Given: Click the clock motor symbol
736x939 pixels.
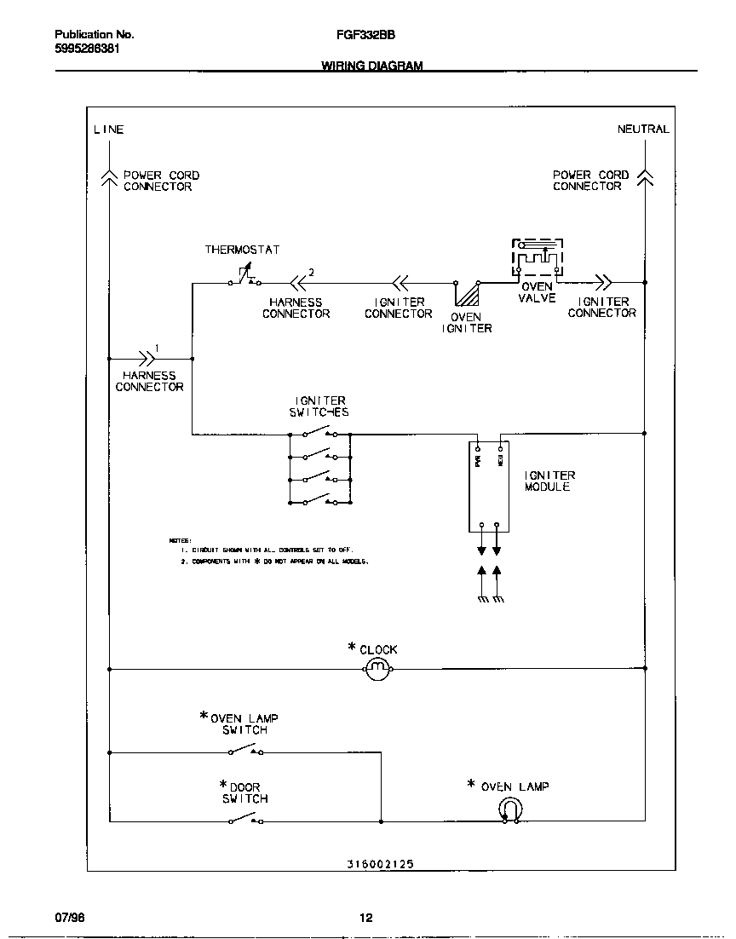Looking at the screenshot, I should coord(378,670).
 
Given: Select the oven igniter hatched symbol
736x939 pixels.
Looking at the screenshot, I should coord(466,294).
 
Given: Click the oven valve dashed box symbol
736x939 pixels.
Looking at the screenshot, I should coord(538,256).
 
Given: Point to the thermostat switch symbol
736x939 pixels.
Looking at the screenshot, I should coord(244,279).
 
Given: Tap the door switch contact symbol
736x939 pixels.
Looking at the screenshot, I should coord(245,819).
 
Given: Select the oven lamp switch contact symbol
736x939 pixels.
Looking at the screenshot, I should coord(245,750).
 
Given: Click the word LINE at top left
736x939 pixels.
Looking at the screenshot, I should coord(108,130).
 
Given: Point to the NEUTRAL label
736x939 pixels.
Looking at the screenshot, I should coord(643,130).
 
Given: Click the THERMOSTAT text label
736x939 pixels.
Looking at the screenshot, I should coord(242,250).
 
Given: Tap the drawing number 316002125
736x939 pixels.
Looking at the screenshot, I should coord(380,863).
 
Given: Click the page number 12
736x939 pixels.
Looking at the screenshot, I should coord(365,918).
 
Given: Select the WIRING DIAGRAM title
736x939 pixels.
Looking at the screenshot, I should coord(371,66).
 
